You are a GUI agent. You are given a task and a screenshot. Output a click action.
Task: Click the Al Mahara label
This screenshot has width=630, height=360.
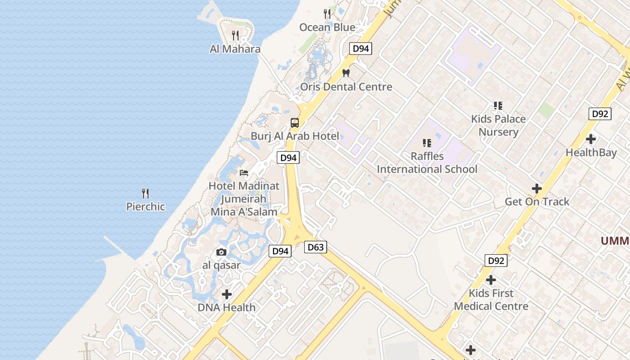coord(235,49)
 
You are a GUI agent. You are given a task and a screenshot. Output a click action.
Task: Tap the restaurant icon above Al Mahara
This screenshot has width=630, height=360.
coord(235,35)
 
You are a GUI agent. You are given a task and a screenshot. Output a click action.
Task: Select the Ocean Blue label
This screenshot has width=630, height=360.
coord(327,27)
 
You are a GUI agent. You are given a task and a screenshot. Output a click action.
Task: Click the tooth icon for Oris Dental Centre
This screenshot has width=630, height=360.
coord(346,73)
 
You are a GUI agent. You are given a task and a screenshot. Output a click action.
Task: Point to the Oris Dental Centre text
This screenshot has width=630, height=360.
coord(346,86)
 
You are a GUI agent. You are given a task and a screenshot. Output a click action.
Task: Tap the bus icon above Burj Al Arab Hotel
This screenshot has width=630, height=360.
coord(295,122)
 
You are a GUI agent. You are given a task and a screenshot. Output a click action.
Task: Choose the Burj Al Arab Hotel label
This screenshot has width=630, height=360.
coord(295,136)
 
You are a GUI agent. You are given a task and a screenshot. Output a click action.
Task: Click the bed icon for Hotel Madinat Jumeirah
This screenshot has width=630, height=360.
coord(244,172)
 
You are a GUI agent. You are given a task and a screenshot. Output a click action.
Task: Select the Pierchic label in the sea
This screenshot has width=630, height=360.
coord(145,207)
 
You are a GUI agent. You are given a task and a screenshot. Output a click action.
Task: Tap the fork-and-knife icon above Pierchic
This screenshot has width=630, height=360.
coord(145,193)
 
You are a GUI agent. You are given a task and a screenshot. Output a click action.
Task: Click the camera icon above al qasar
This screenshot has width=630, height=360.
coord(221,252)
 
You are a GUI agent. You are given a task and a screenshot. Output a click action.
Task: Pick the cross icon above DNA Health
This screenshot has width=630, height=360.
coord(227,294)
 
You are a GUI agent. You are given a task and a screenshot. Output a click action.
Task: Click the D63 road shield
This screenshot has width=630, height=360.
coord(315,247)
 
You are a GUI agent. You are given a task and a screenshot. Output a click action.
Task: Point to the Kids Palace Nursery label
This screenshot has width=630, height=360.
coord(498,125)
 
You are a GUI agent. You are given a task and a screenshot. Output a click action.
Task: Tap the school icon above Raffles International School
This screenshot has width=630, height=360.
coord(427,143)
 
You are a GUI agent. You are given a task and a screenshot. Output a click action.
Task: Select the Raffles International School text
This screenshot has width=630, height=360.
coord(427,162)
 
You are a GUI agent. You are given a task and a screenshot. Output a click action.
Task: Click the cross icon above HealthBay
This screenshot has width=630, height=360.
coord(591,139)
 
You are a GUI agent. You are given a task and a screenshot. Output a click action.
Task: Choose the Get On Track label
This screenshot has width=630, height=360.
coord(537,202)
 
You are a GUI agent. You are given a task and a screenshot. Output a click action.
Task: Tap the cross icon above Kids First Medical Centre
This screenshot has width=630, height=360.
coord(491,280)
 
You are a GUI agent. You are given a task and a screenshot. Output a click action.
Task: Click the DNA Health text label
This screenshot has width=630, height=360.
coord(227,307)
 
